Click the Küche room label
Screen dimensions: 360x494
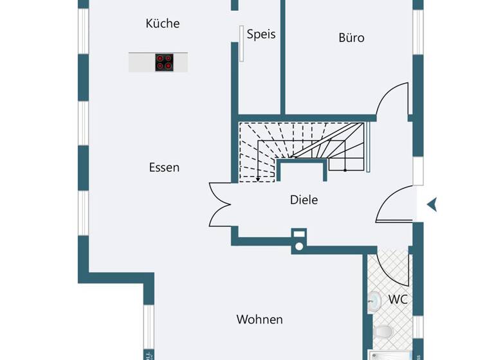[x=163, y=24]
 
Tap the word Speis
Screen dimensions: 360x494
[x=261, y=34]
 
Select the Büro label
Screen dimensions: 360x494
[x=351, y=38]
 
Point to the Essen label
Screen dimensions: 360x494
[x=164, y=167]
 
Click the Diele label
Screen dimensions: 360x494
[x=304, y=200]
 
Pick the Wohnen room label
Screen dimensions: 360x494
[x=259, y=319]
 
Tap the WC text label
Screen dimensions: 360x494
[x=398, y=300]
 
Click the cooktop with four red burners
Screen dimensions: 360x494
[x=164, y=62]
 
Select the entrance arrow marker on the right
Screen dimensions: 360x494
[x=432, y=204]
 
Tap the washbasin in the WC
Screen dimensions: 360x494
[x=374, y=300]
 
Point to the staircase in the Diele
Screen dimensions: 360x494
[x=302, y=148]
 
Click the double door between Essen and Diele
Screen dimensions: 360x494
[x=220, y=204]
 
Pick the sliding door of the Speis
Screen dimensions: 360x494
[x=241, y=44]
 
